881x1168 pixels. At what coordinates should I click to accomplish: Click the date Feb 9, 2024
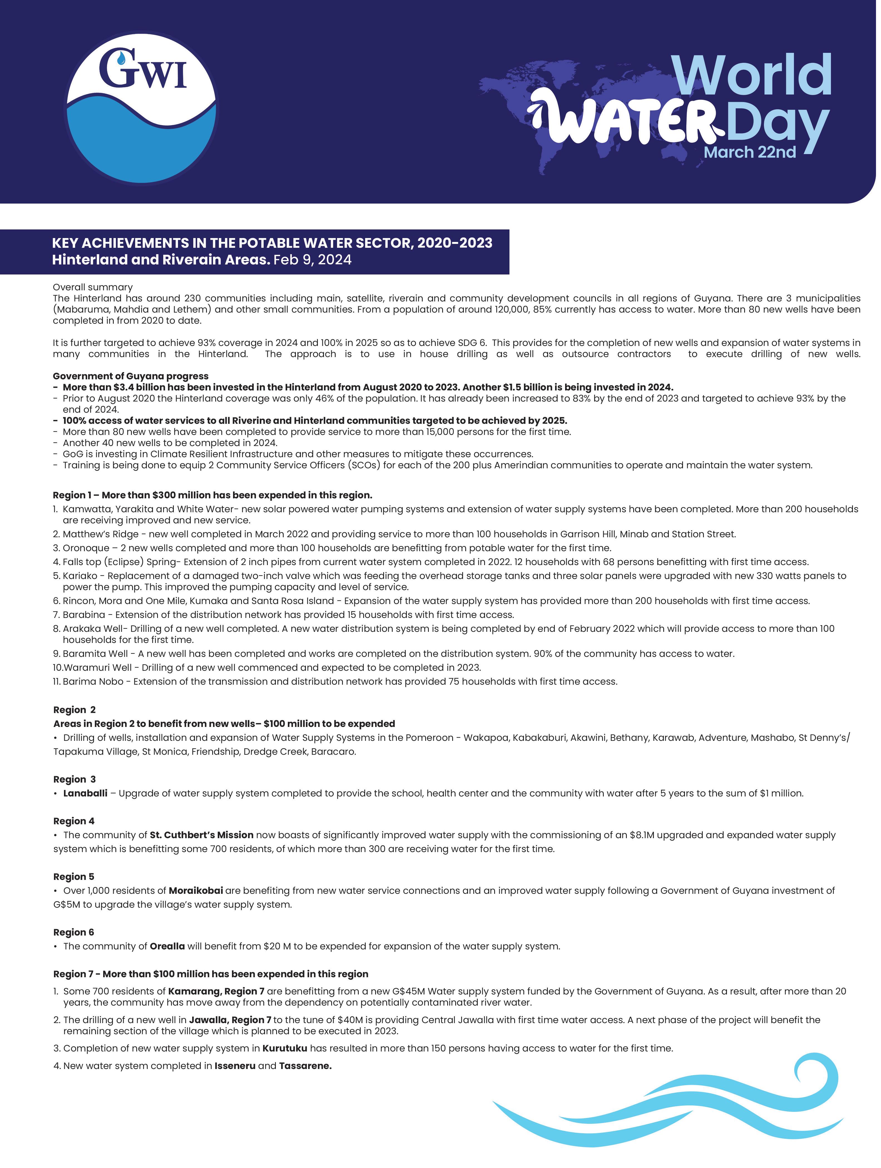point(312,260)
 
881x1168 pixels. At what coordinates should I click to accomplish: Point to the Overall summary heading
point(92,287)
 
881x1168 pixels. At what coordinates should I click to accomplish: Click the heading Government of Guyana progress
point(130,376)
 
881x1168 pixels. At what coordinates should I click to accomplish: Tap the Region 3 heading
point(75,780)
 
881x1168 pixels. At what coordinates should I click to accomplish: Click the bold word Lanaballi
point(85,793)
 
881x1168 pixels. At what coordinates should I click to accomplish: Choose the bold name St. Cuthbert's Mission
point(201,835)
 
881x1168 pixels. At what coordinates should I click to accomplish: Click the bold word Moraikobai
point(195,890)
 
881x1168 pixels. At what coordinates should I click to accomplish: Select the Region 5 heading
point(73,877)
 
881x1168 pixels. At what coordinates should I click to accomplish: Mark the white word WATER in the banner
point(628,119)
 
